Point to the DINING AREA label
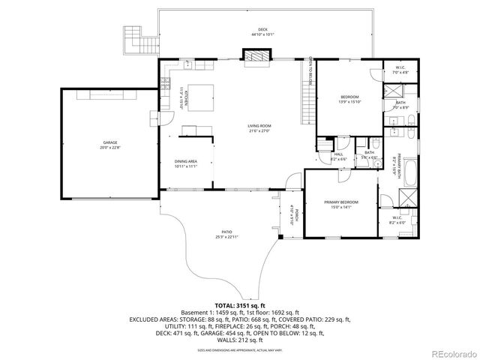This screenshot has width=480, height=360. pyautogui.click(x=185, y=161)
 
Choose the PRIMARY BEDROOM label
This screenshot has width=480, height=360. pyautogui.click(x=341, y=202)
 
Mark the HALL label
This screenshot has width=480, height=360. pyautogui.click(x=338, y=154)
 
